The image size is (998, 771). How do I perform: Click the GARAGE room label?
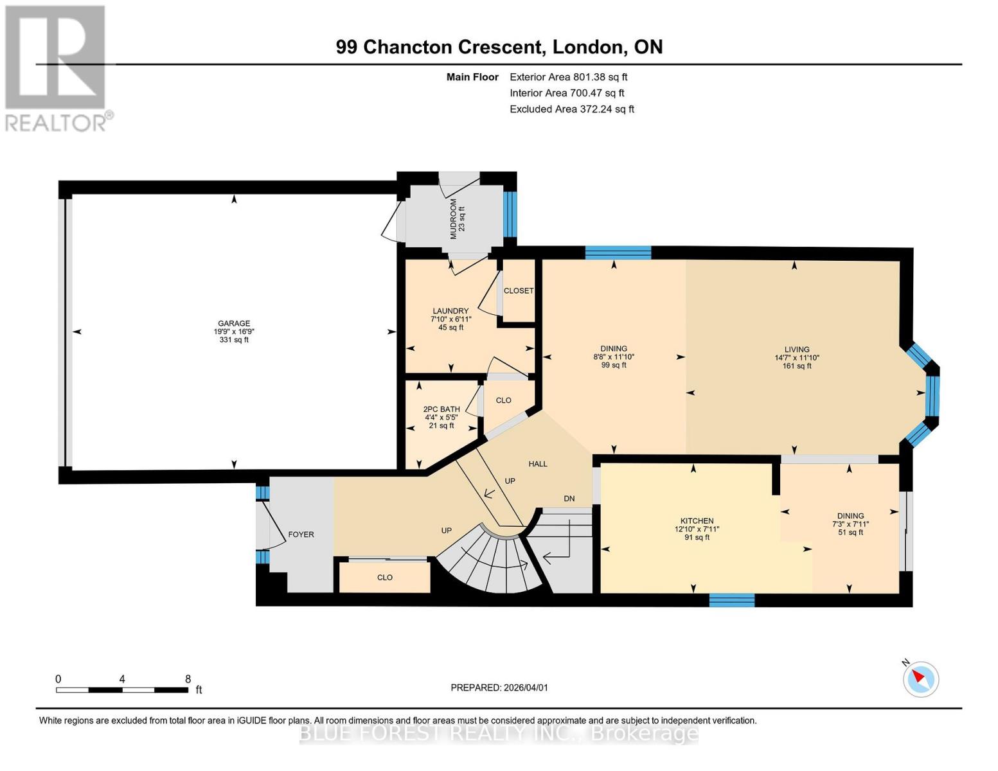coord(234,323)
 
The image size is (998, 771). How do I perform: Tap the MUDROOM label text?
coord(453,218)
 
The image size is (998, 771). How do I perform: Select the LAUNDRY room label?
coord(450,311)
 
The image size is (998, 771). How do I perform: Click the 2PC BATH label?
coord(441,409)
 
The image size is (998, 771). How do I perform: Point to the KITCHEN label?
coord(697,520)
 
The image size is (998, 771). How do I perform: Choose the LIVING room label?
coord(797,350)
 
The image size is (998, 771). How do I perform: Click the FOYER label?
coord(301,535)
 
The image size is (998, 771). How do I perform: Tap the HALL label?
coord(538,464)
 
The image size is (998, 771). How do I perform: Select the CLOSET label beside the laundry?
coord(519,290)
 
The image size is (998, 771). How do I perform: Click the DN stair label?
coord(569,499)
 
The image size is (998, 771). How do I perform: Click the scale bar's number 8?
coord(188,678)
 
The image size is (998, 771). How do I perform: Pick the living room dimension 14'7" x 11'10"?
coord(797,358)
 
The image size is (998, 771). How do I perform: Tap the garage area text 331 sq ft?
coord(234,340)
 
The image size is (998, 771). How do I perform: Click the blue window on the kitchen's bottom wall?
coord(731,600)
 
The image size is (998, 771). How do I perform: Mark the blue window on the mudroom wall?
coord(510,214)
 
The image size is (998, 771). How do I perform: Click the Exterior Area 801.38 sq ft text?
coord(568,77)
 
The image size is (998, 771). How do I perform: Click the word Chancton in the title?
coord(406,47)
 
